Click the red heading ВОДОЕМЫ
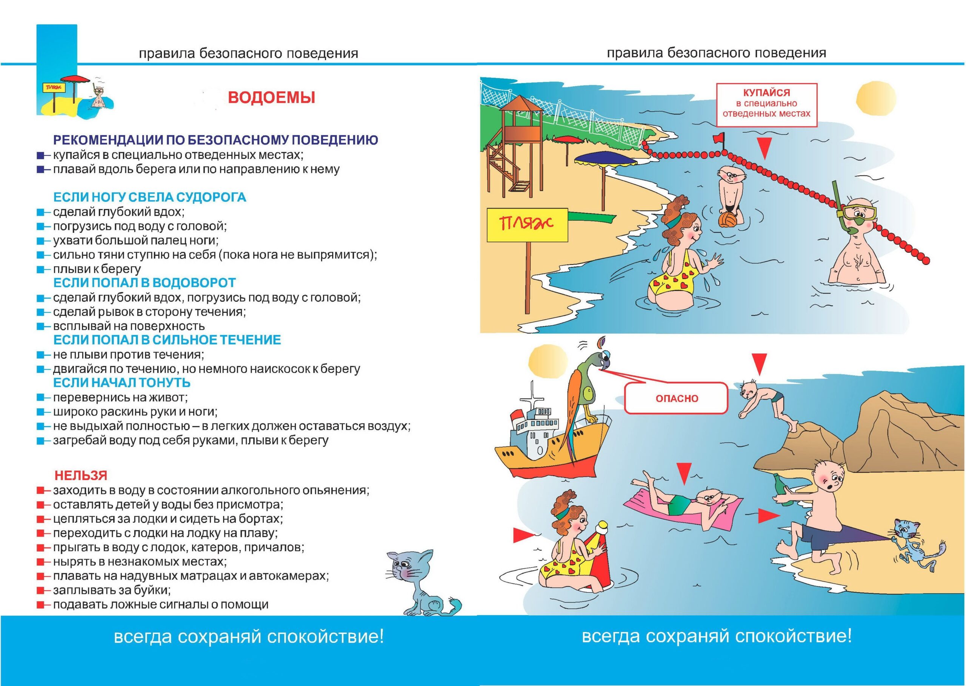(272, 98)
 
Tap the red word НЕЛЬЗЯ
(81, 475)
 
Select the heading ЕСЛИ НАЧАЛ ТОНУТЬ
(122, 383)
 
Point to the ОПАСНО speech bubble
(677, 398)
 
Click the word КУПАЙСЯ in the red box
(766, 92)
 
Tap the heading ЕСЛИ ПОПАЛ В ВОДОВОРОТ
(145, 283)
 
